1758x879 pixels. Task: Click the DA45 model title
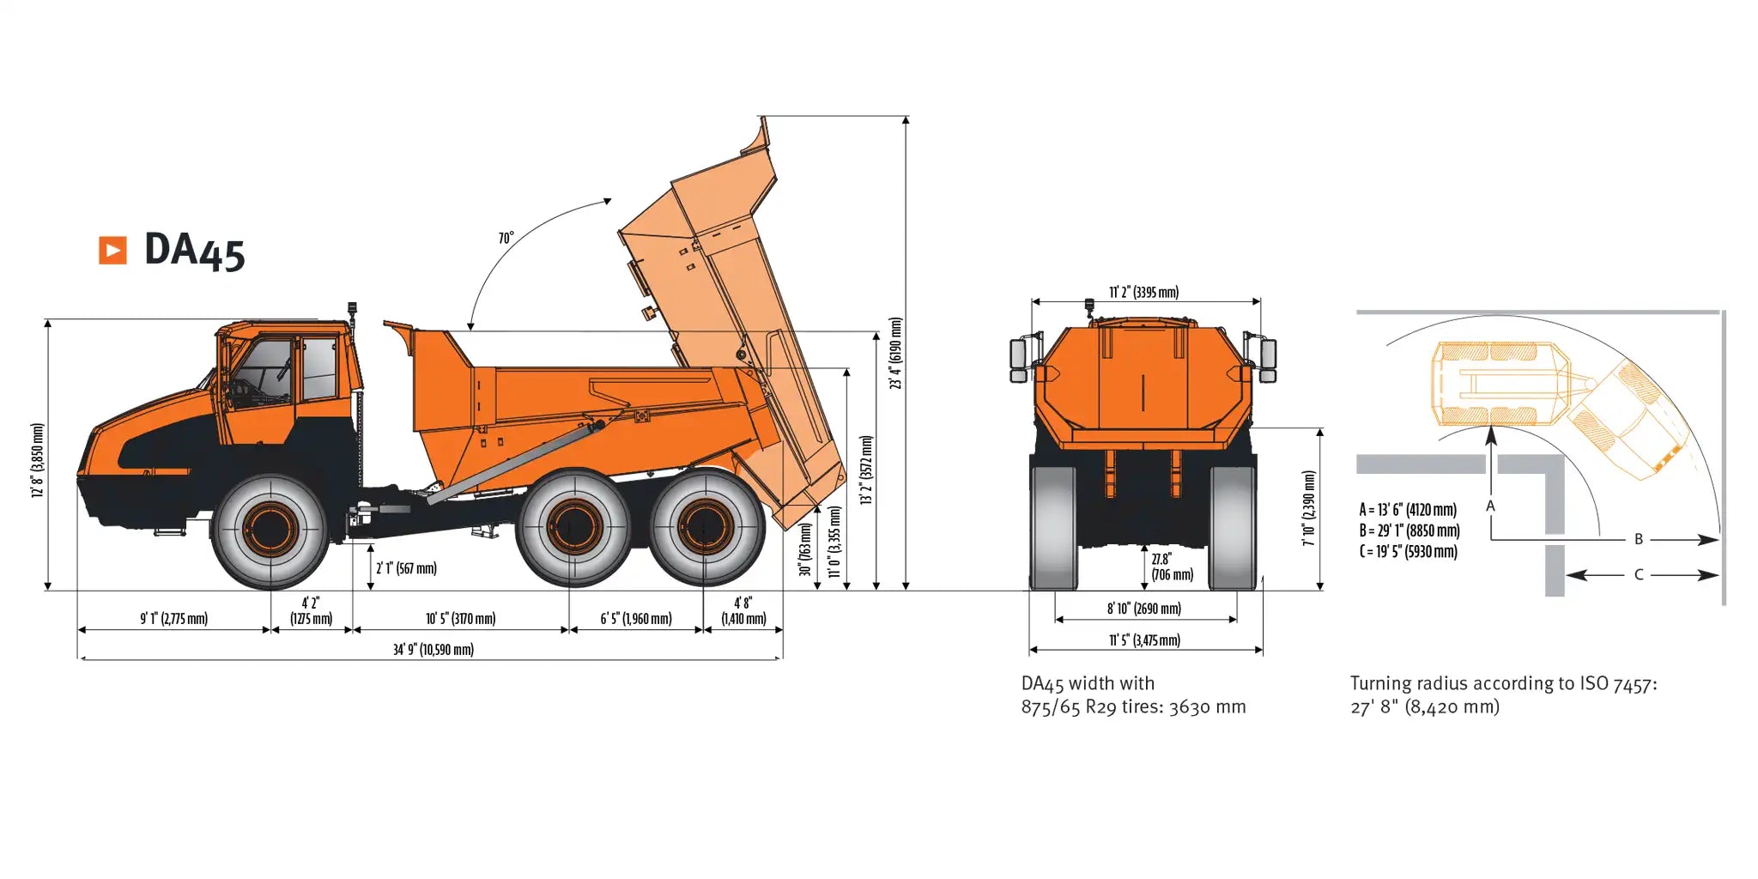[195, 251]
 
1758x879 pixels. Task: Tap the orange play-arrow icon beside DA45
[112, 250]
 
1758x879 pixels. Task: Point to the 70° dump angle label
[506, 237]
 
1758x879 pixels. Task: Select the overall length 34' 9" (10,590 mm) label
[433, 649]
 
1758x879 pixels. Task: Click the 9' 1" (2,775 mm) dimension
[174, 618]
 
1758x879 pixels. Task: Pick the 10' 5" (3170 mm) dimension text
[461, 618]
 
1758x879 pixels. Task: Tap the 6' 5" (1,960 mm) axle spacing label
[636, 618]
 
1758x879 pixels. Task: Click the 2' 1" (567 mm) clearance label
[406, 568]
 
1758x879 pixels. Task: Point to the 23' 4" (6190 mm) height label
[896, 353]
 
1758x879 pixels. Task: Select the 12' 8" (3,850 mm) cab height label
[37, 460]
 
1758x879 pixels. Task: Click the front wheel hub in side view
[270, 529]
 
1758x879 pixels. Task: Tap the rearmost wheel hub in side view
[706, 527]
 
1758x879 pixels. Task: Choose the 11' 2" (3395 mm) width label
[1144, 292]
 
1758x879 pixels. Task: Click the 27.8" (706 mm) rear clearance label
[1172, 567]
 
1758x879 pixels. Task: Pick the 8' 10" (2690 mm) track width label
[1144, 609]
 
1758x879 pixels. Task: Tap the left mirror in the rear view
[1019, 360]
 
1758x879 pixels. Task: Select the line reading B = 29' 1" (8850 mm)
[1409, 530]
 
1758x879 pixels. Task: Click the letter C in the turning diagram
[1639, 574]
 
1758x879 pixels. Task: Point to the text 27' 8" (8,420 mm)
[1425, 706]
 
